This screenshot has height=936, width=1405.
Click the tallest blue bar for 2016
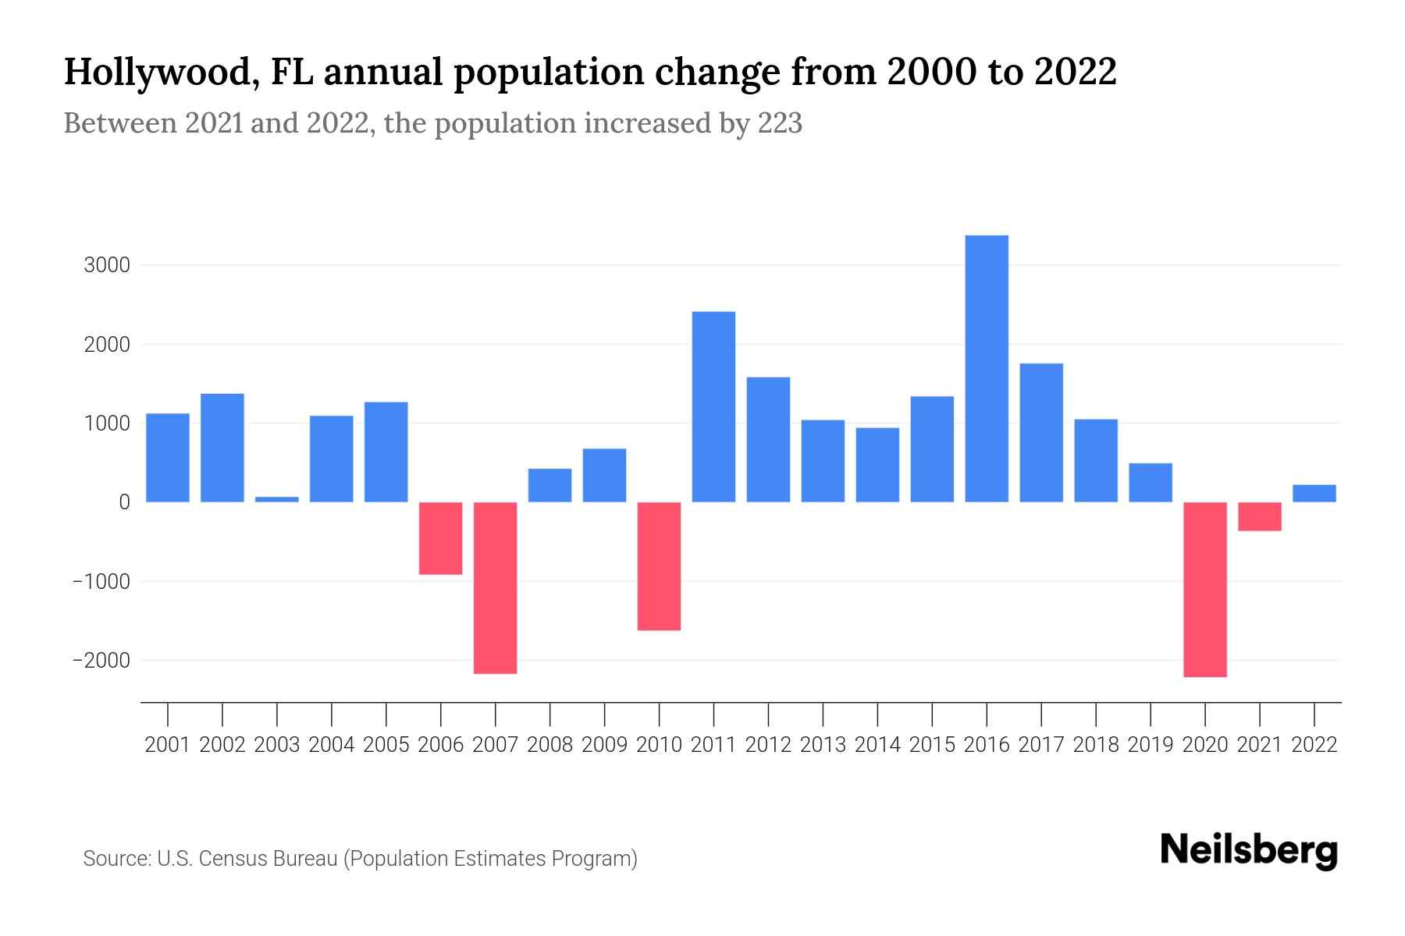coord(987,368)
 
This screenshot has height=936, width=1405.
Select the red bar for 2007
coord(496,587)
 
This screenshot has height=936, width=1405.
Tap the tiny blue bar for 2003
coord(277,499)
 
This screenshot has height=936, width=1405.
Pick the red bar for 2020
coord(1205,589)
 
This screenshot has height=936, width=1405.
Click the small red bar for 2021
coord(1260,516)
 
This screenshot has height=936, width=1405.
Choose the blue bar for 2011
coord(713,406)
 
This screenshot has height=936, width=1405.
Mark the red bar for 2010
coord(659,565)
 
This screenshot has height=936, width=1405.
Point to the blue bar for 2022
coord(1314,493)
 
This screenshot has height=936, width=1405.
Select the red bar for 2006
coord(441,538)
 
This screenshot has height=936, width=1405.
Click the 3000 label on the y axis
coord(107,265)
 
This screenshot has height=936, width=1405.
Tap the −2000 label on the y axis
coord(101,661)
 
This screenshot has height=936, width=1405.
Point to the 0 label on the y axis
coord(124,502)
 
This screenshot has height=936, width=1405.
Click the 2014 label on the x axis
coord(877,745)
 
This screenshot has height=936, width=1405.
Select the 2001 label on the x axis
coord(168,745)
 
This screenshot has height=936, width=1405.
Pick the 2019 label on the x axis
coord(1151,745)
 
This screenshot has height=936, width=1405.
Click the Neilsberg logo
coord(1249,850)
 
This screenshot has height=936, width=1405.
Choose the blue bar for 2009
coord(604,475)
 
